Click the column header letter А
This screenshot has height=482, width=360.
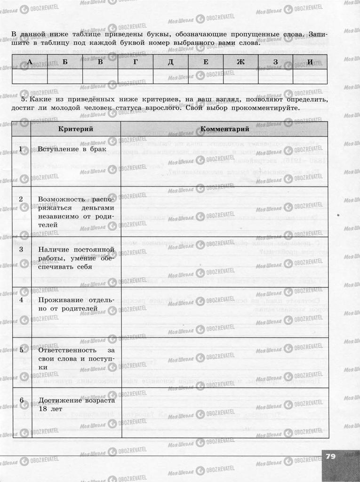click(30, 62)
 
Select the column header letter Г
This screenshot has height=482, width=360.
click(136, 62)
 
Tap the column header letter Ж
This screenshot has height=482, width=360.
click(240, 62)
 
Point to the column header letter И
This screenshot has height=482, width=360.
click(310, 62)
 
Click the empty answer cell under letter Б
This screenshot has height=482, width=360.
click(65, 76)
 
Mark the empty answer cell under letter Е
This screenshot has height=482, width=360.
click(206, 76)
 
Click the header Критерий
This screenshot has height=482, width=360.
click(75, 129)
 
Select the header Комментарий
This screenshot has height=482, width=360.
click(224, 129)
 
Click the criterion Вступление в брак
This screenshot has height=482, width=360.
click(72, 149)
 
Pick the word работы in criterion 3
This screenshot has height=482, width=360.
click(50, 258)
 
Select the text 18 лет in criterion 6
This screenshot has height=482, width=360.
click(50, 409)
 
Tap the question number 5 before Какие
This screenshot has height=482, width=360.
click(24, 100)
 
